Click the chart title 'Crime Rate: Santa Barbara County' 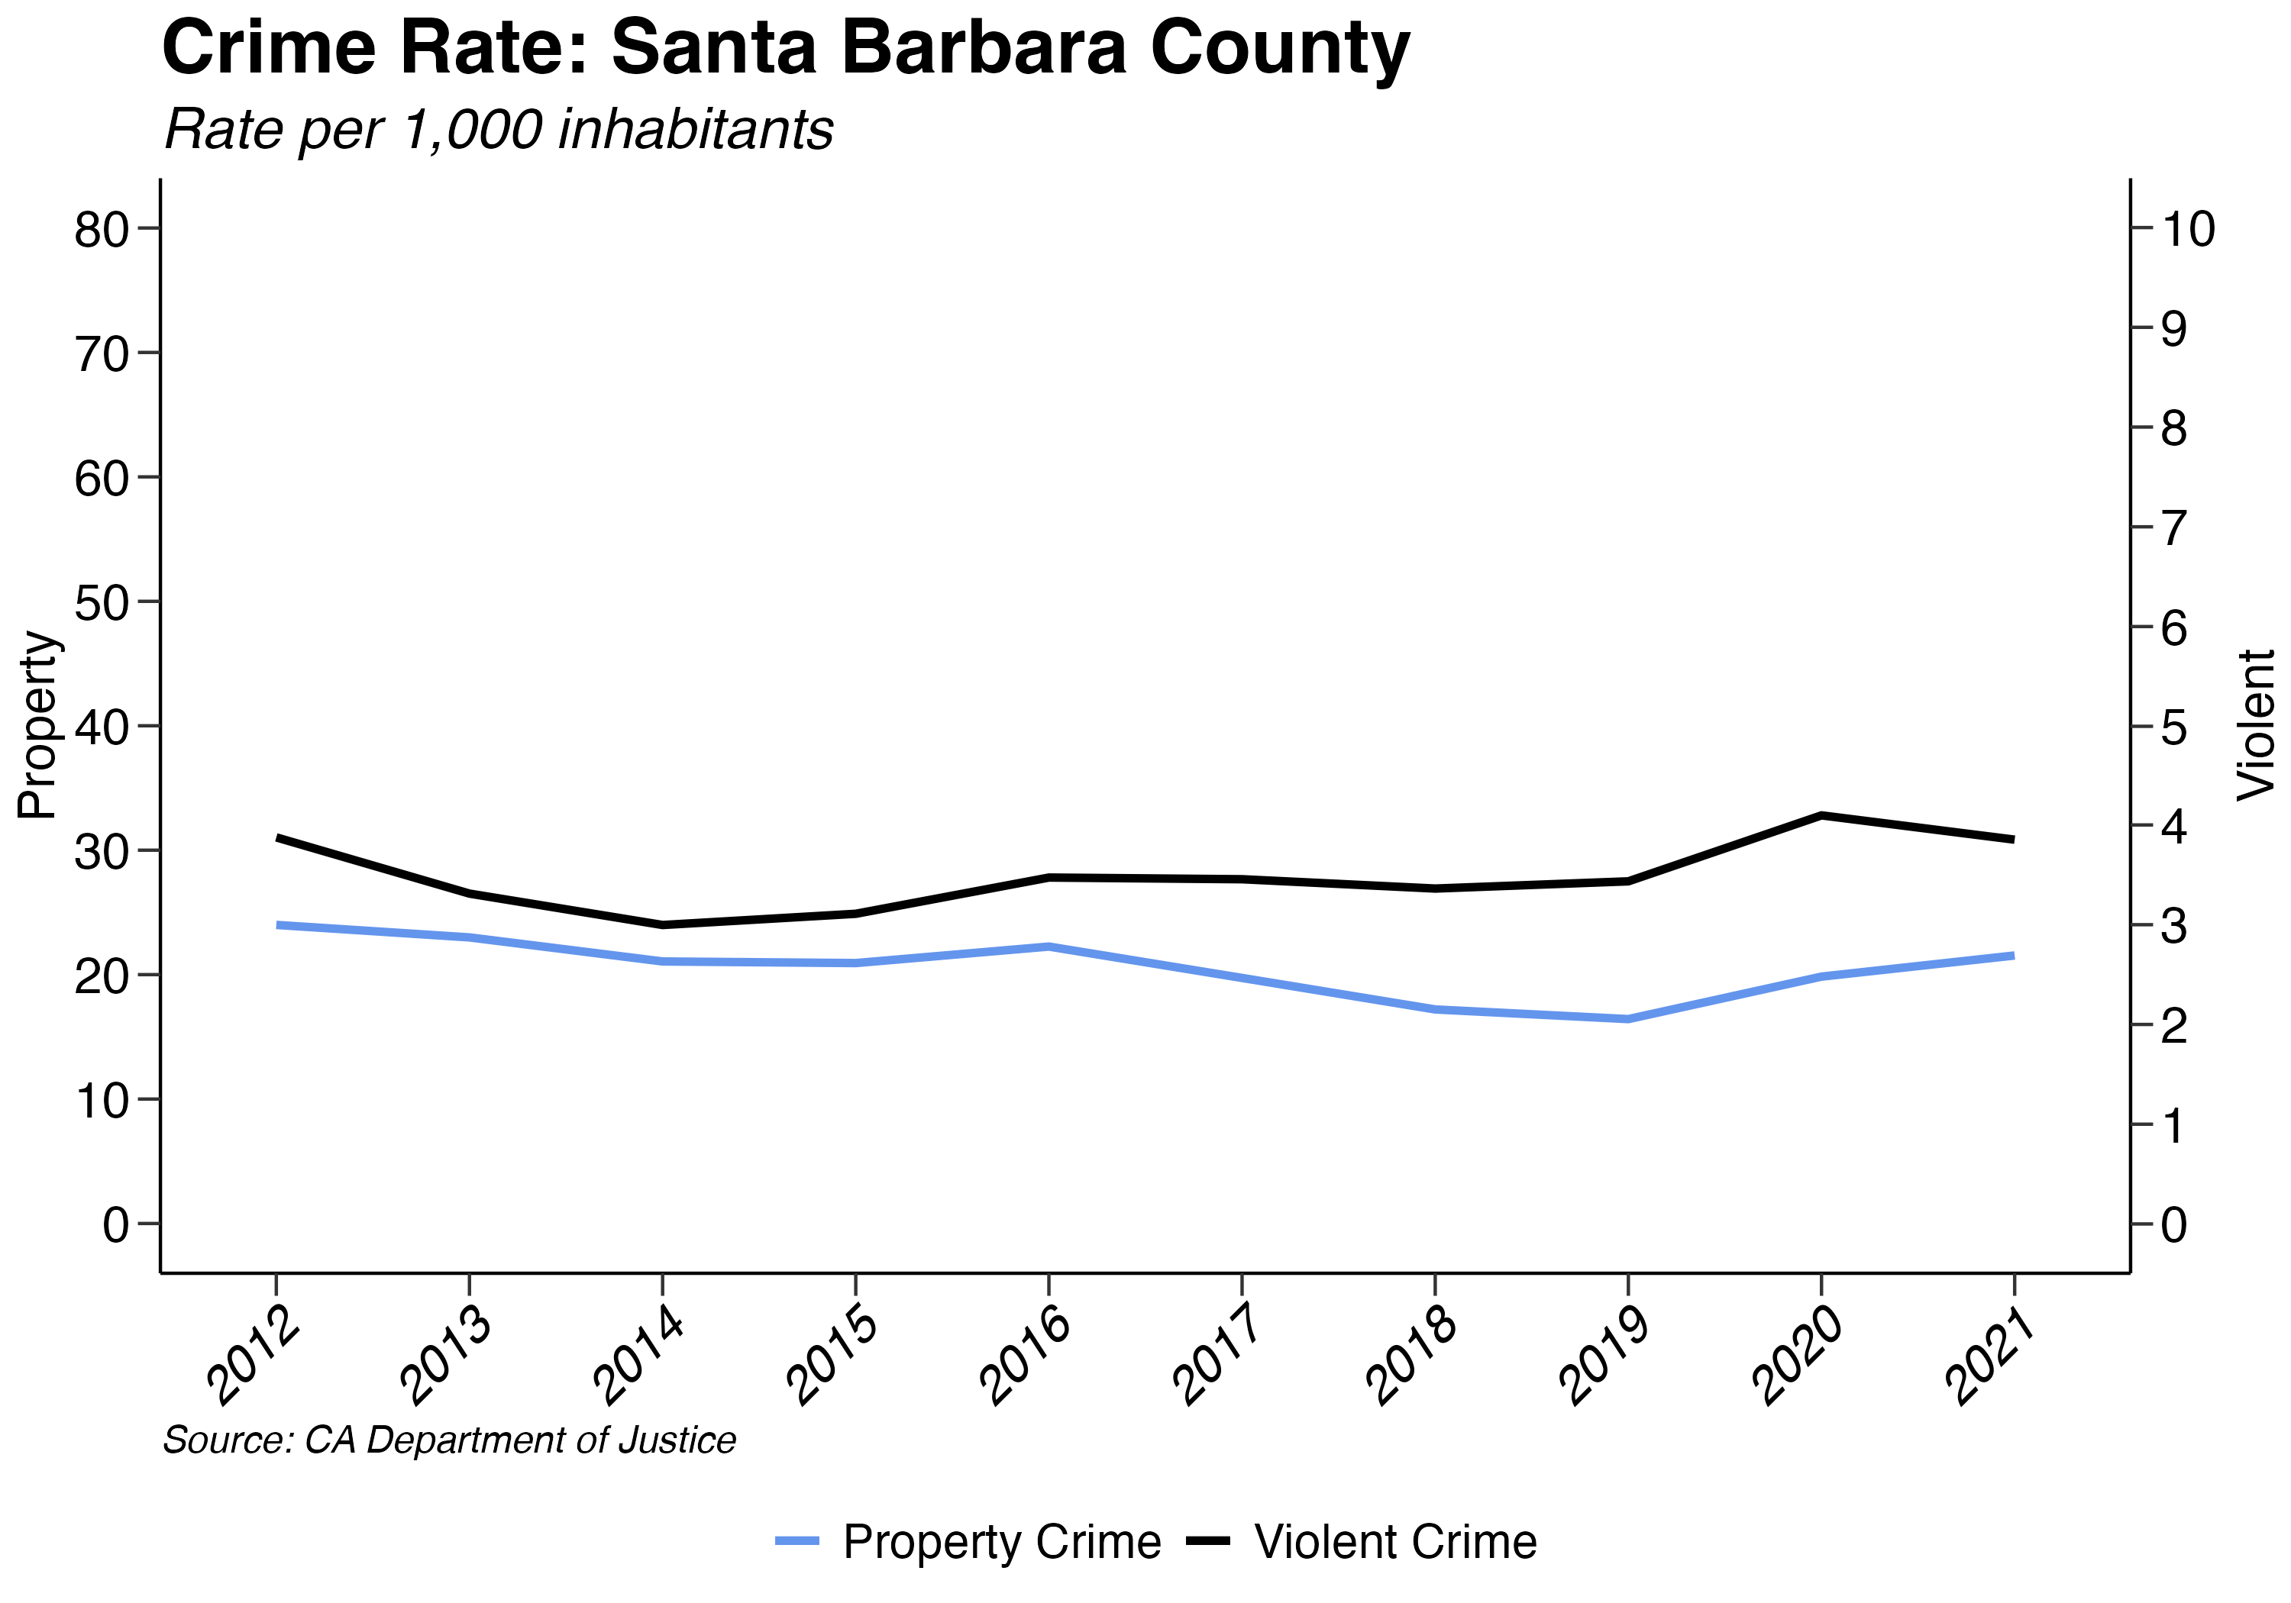(x=785, y=48)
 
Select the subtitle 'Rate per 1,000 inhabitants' (x=499, y=130)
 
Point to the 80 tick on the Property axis (x=102, y=230)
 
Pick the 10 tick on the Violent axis (x=2187, y=230)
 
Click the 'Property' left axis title (x=38, y=725)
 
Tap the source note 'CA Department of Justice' (x=449, y=1440)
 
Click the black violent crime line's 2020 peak (x=1822, y=815)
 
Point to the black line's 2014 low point (x=663, y=924)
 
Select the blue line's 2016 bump (x=1049, y=946)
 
